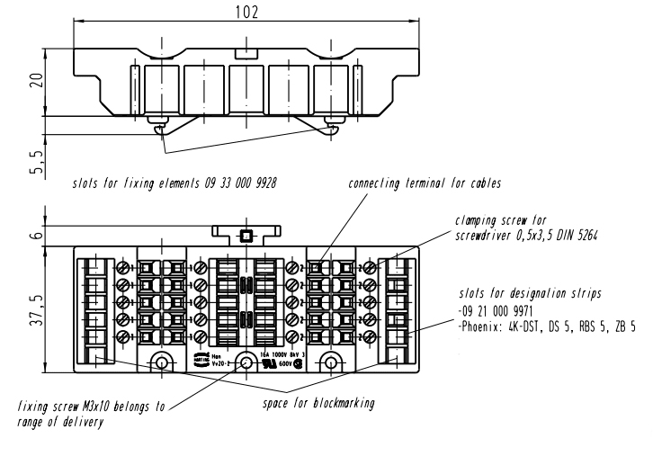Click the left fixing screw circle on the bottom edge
162,364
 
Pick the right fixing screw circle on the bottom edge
331,364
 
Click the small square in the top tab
246,237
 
